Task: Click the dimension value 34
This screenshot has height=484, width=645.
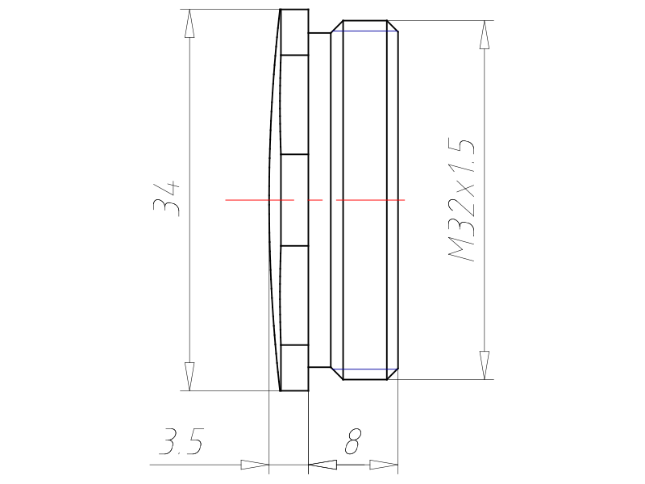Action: [x=167, y=198]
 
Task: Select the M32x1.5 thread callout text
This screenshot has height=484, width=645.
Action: [x=461, y=200]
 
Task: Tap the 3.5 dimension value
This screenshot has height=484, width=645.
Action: [x=181, y=441]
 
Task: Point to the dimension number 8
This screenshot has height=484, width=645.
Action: [x=352, y=441]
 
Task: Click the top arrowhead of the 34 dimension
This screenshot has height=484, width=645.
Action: [x=189, y=23]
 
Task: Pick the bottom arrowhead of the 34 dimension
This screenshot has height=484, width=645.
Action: [x=189, y=376]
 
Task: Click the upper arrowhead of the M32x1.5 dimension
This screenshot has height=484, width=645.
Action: [x=485, y=35]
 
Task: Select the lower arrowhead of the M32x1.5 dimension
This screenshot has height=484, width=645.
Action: [x=485, y=365]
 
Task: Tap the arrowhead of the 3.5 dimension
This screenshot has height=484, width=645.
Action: [x=255, y=465]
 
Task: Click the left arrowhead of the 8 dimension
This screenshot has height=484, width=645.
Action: [x=322, y=465]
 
